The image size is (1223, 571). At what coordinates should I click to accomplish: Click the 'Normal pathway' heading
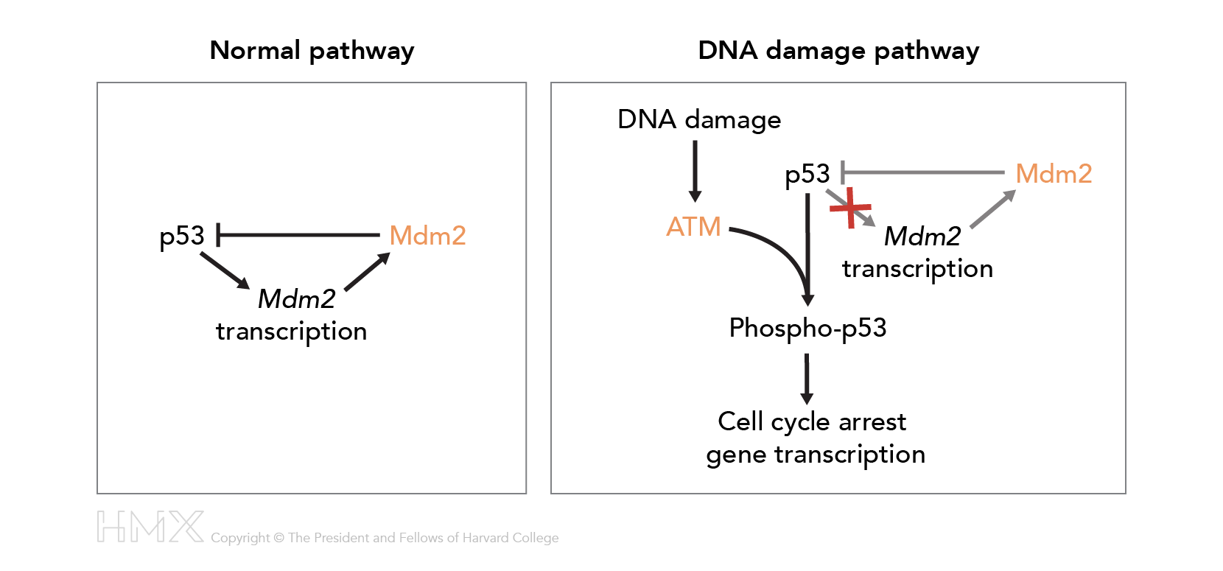(x=312, y=51)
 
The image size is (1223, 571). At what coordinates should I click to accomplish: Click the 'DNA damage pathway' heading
(x=838, y=51)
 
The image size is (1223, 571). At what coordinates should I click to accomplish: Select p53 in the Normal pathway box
(x=181, y=237)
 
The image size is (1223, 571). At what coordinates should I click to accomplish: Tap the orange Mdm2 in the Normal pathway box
(x=427, y=236)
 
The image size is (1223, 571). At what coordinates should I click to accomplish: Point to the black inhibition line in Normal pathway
(x=298, y=235)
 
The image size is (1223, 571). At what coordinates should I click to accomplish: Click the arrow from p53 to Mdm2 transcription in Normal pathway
(x=225, y=270)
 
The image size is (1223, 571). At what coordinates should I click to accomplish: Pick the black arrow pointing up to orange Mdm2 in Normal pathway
(x=367, y=272)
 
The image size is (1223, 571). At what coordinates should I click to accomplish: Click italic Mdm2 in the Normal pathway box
(x=296, y=299)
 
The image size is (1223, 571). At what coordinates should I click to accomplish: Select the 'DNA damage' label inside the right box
(x=699, y=119)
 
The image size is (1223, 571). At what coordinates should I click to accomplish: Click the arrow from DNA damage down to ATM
(x=695, y=171)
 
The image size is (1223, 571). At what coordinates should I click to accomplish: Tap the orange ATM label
(x=693, y=227)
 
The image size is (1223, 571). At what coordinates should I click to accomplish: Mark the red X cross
(x=850, y=208)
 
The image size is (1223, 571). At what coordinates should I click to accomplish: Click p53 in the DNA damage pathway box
(x=807, y=175)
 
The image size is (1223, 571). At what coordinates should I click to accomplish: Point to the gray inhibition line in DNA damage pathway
(x=922, y=172)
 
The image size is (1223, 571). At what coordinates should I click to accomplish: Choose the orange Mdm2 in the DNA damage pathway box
(x=1054, y=174)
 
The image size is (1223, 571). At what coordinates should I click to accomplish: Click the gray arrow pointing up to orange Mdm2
(x=992, y=209)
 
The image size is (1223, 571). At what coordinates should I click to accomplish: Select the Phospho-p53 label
(x=807, y=328)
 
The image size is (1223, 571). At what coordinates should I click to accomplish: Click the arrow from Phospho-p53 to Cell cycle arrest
(x=807, y=379)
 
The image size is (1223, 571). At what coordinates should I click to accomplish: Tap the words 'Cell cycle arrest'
(x=812, y=421)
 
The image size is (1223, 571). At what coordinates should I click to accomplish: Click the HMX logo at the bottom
(x=150, y=527)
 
